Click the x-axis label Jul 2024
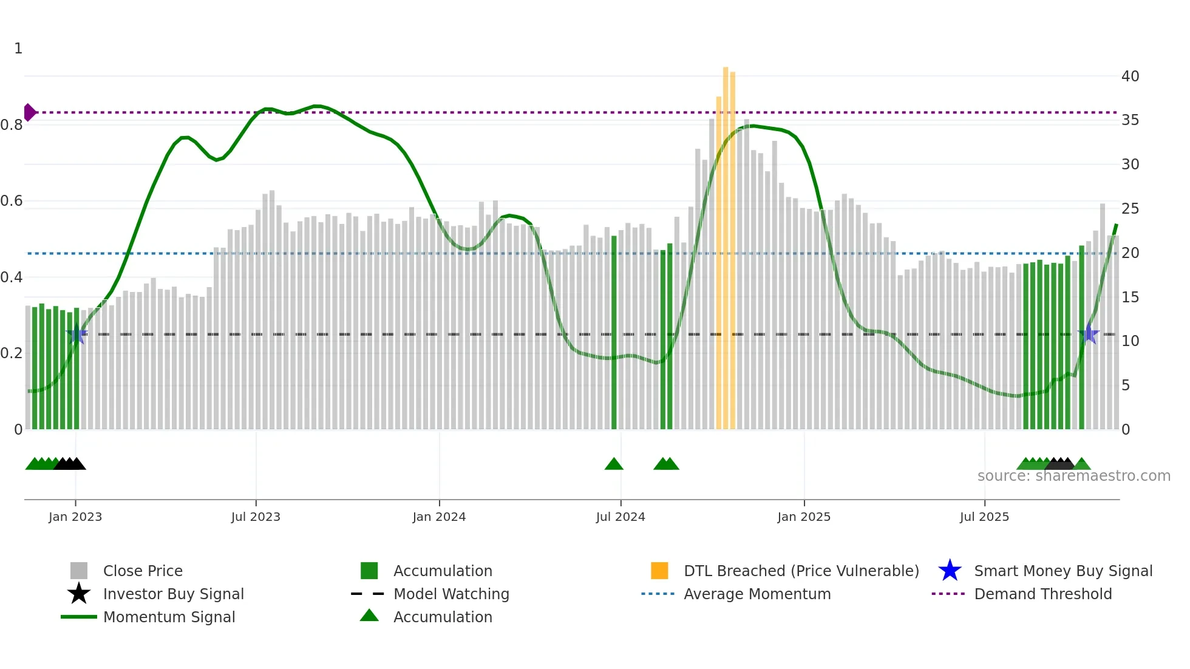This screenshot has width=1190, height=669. click(620, 517)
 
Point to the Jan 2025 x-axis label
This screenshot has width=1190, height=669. click(804, 517)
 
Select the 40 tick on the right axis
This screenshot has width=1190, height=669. click(1130, 76)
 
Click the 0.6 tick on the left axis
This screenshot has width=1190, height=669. click(12, 201)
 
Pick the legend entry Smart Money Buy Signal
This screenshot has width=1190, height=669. click(1062, 571)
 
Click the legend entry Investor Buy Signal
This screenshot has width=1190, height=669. click(173, 594)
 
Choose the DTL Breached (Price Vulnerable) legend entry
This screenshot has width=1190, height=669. click(801, 571)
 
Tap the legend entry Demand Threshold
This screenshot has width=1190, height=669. click(1042, 594)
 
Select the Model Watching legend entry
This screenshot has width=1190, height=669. click(450, 594)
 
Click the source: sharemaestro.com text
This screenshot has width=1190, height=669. click(1073, 476)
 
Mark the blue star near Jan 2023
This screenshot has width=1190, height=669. click(76, 334)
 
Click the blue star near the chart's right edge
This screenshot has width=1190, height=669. click(1089, 334)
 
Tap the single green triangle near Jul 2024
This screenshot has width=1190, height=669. click(614, 464)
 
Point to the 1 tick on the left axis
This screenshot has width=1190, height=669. click(18, 49)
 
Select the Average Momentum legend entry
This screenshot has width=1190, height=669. click(756, 594)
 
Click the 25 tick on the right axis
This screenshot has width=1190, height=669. click(1130, 209)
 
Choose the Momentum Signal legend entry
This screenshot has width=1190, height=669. click(169, 617)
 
